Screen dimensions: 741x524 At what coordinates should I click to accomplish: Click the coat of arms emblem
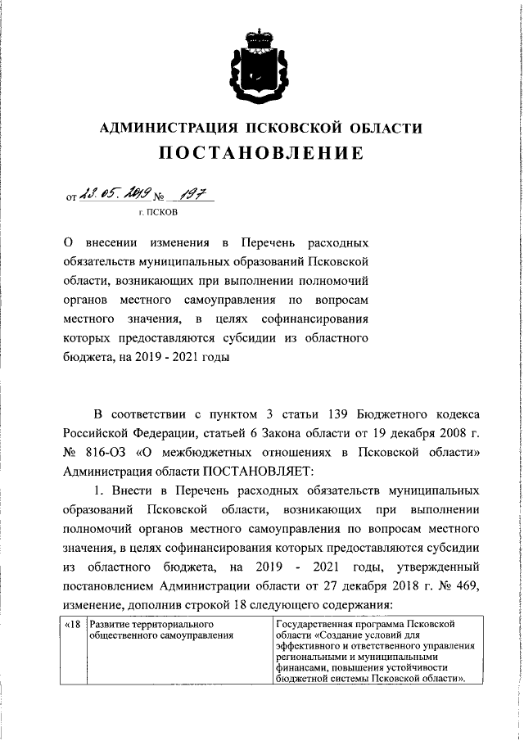[261, 66]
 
